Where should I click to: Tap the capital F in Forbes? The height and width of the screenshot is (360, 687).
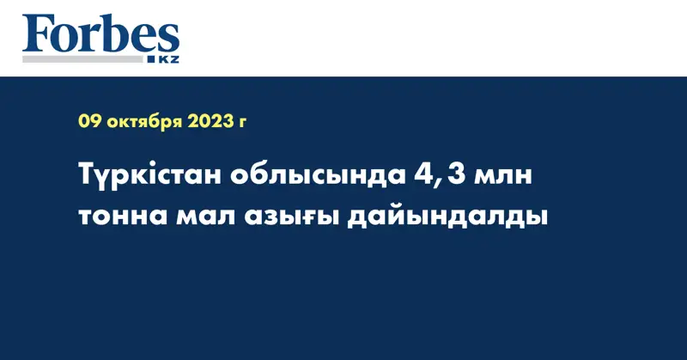pos(40,34)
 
